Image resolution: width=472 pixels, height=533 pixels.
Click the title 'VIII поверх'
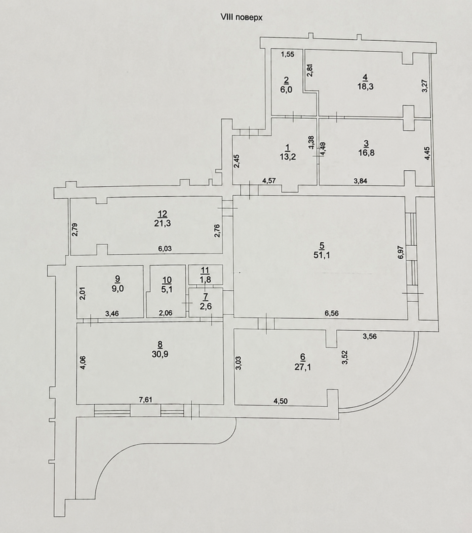[x=241, y=18]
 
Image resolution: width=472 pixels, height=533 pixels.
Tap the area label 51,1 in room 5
[x=322, y=255]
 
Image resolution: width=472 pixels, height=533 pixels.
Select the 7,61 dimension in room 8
[x=146, y=399]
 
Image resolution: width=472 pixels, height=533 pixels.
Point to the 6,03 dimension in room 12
[x=164, y=248]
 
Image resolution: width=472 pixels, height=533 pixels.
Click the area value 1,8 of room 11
[x=205, y=279]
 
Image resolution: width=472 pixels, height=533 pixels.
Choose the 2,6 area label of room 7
[x=206, y=306]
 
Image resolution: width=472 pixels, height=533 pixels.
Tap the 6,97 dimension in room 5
[x=401, y=253]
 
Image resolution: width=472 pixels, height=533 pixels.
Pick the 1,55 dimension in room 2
[x=288, y=54]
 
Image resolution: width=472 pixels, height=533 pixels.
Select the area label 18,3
[x=365, y=87]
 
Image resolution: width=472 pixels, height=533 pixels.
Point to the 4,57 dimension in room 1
[x=269, y=181]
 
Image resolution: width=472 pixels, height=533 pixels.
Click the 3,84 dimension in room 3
[x=360, y=181]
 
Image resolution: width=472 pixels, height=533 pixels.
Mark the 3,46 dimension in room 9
[x=112, y=313]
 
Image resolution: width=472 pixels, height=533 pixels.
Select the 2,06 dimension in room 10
[x=166, y=313]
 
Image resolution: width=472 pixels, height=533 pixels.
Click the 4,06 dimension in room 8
[x=83, y=363]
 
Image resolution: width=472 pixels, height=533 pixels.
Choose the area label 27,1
[x=303, y=367]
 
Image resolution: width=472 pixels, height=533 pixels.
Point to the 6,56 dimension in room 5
[x=332, y=313]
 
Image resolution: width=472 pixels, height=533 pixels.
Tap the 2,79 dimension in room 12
[x=75, y=230]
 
